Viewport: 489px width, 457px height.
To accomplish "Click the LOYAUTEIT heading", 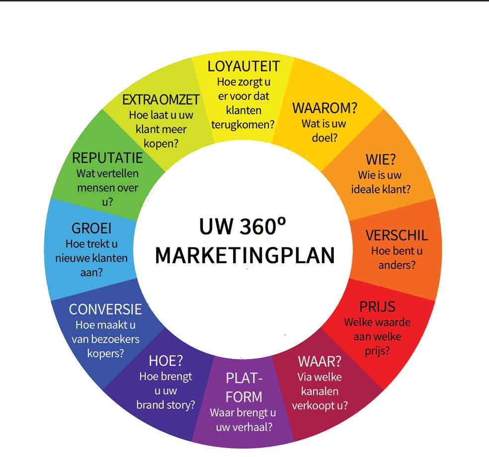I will (244, 67).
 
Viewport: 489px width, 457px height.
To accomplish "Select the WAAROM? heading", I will (325, 108).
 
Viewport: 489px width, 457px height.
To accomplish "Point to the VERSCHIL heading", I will (397, 235).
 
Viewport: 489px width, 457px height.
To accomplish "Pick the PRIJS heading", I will (377, 306).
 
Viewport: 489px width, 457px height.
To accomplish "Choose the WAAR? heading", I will (320, 361).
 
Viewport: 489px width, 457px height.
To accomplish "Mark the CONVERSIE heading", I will (105, 309).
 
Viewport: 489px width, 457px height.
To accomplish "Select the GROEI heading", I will (91, 228).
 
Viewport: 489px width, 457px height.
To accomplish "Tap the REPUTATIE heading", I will (107, 158).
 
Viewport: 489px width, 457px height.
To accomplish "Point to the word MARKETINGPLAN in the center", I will (244, 255).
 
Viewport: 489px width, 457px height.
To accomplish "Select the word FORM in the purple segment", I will (244, 397).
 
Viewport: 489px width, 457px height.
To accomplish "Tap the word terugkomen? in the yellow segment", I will (243, 124).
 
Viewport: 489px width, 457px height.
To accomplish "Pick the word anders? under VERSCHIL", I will (397, 265).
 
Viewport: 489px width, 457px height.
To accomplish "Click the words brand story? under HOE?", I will (165, 405).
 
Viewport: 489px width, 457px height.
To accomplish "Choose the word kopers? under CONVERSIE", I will (105, 354).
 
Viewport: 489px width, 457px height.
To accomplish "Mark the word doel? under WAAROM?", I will (325, 138).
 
